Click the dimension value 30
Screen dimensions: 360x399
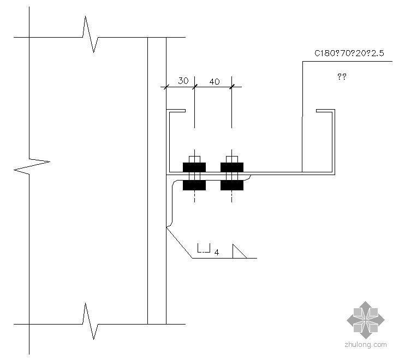(183, 81)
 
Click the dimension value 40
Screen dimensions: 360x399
(215, 81)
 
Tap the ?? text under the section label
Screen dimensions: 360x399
(342, 77)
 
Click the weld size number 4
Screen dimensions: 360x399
(217, 253)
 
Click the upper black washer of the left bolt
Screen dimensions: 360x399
(194, 166)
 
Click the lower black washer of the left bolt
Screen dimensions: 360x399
(194, 185)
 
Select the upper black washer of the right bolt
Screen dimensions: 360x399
(232, 166)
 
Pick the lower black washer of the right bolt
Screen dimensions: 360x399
(232, 185)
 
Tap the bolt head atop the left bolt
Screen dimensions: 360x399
(194, 159)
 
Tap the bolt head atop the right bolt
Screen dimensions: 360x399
(232, 159)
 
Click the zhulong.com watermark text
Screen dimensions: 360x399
(366, 344)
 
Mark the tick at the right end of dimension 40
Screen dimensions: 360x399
(232, 86)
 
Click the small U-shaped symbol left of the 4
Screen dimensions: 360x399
(204, 249)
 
